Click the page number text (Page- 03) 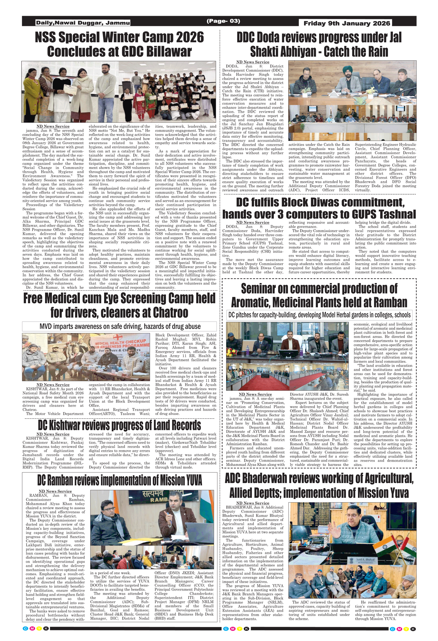(223, 21)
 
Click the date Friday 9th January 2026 (347, 23)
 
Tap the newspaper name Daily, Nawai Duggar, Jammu (83, 23)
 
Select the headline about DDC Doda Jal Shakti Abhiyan (319, 44)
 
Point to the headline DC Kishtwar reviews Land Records (119, 425)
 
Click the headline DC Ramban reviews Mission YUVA (119, 480)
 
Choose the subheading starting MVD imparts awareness (120, 326)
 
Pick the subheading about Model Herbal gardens (319, 315)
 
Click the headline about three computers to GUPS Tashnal (319, 208)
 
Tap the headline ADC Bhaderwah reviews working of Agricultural (319, 486)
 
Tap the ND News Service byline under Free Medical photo (53, 385)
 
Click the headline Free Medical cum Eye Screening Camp (119, 305)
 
